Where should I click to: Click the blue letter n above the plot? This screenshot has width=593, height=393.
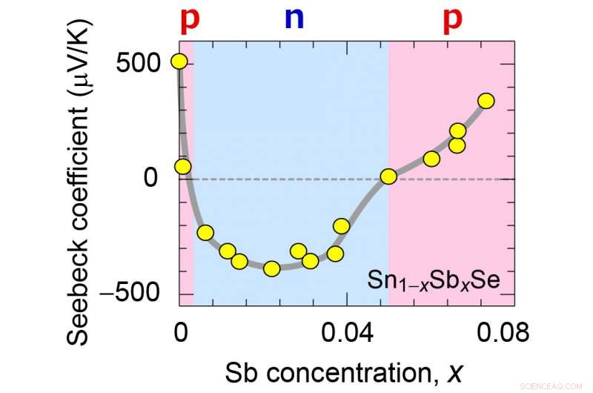coord(294,17)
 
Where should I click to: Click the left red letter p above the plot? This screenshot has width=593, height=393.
coord(191,18)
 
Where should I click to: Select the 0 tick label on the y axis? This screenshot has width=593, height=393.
coord(153,178)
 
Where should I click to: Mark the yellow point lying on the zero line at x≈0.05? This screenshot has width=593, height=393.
coord(388,176)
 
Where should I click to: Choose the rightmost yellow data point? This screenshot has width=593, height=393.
coord(486,101)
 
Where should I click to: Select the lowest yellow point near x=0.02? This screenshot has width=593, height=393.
coord(272,268)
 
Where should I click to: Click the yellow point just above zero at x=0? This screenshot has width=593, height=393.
coord(182,166)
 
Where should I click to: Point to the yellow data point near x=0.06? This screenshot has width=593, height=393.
coord(431,159)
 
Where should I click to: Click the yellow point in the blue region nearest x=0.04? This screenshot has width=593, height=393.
coord(342,226)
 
